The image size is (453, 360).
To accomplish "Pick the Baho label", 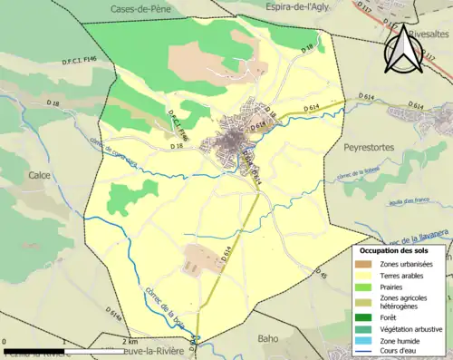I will click(269, 339).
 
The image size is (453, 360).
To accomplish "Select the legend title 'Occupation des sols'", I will click(400, 249).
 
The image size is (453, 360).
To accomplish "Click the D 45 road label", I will click(320, 273).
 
